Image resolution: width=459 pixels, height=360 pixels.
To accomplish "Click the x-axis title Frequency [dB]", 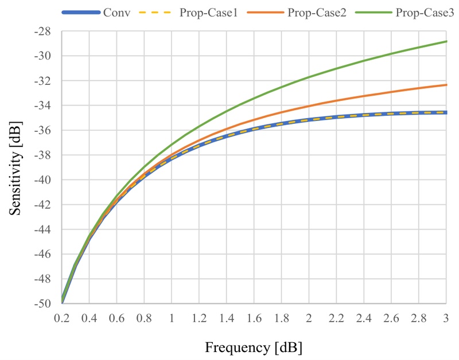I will click(253, 347).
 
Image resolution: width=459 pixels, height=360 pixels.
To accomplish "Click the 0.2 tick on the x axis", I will click(62, 317).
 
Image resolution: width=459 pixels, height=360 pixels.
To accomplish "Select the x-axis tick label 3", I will click(446, 317).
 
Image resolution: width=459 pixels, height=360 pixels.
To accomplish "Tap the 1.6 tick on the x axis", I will click(254, 317).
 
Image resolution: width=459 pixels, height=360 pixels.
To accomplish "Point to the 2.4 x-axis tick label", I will click(364, 317).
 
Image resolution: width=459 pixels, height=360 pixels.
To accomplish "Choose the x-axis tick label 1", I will click(172, 317).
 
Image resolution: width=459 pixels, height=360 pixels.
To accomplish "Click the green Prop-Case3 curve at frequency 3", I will click(446, 41).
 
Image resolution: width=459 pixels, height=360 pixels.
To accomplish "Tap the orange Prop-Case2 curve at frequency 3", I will click(446, 85).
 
